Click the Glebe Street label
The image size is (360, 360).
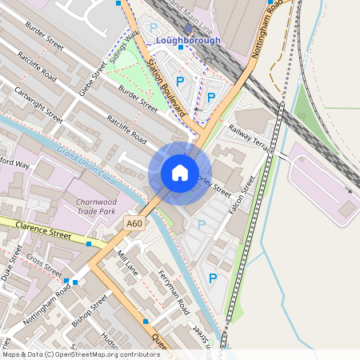pyautogui.click(x=93, y=79)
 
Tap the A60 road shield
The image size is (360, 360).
pyautogui.click(x=134, y=226)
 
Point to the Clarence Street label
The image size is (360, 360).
pyautogui.click(x=47, y=227)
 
